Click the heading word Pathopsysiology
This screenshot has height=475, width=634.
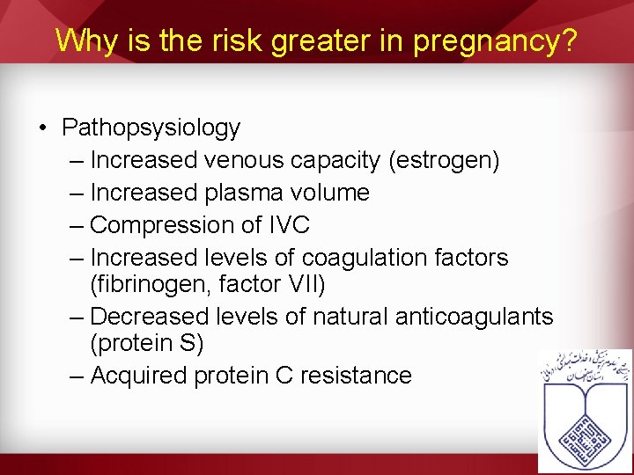(151, 128)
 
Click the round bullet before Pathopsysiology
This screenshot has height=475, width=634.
(43, 128)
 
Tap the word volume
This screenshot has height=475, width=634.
(329, 193)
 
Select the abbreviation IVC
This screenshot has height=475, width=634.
(288, 225)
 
